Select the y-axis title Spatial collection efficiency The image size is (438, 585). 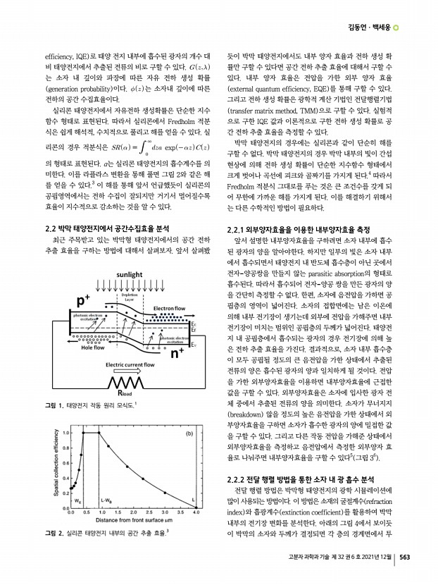56,494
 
